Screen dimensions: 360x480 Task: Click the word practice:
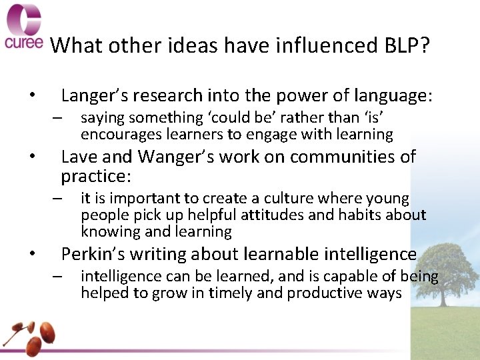(96, 177)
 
